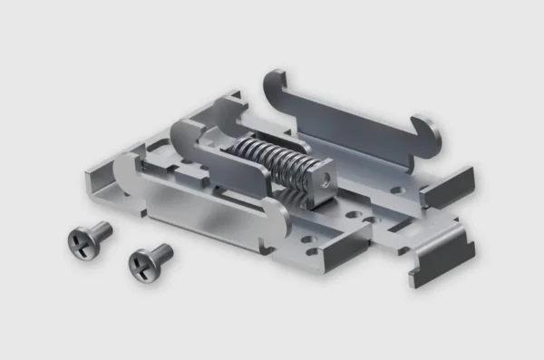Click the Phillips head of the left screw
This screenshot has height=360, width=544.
point(79,240)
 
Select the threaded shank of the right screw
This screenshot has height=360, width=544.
point(160,252)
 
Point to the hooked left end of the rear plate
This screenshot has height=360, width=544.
point(273,86)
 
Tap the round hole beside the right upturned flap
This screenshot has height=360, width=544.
point(397,191)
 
